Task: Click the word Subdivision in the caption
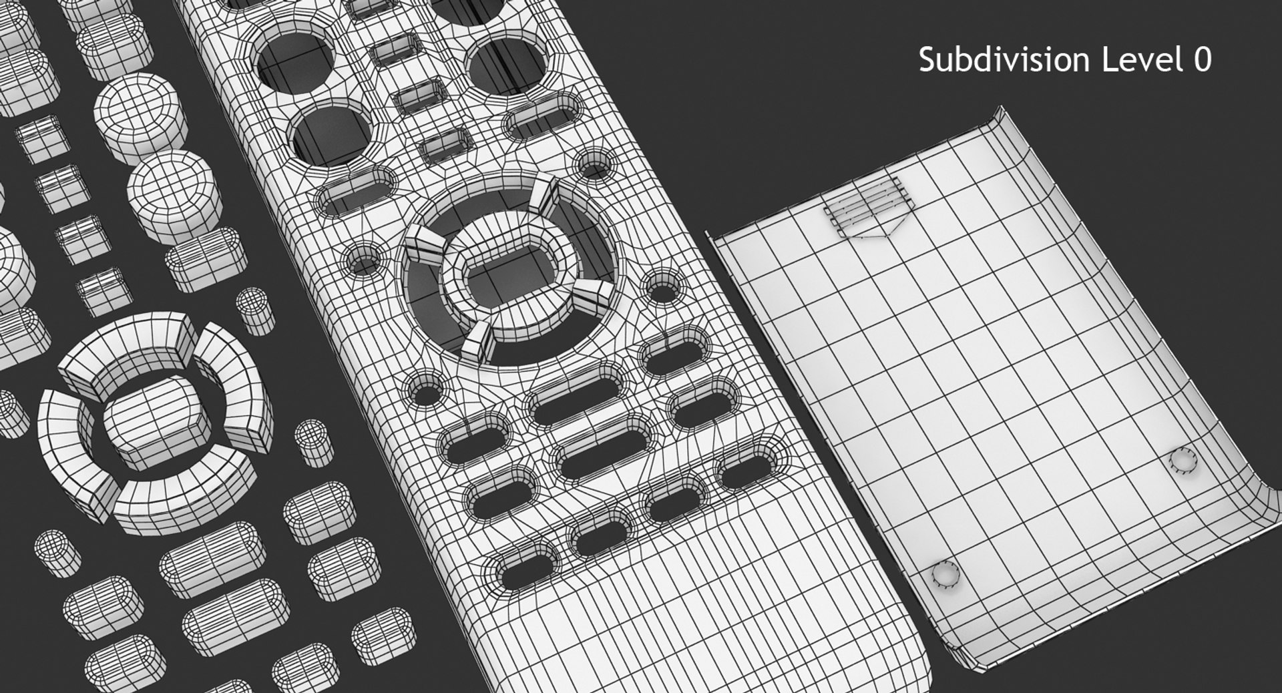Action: point(1006,61)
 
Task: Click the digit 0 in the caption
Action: point(1202,61)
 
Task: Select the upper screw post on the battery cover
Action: point(1183,461)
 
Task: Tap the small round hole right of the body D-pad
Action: point(662,290)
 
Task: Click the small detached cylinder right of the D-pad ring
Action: point(254,310)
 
